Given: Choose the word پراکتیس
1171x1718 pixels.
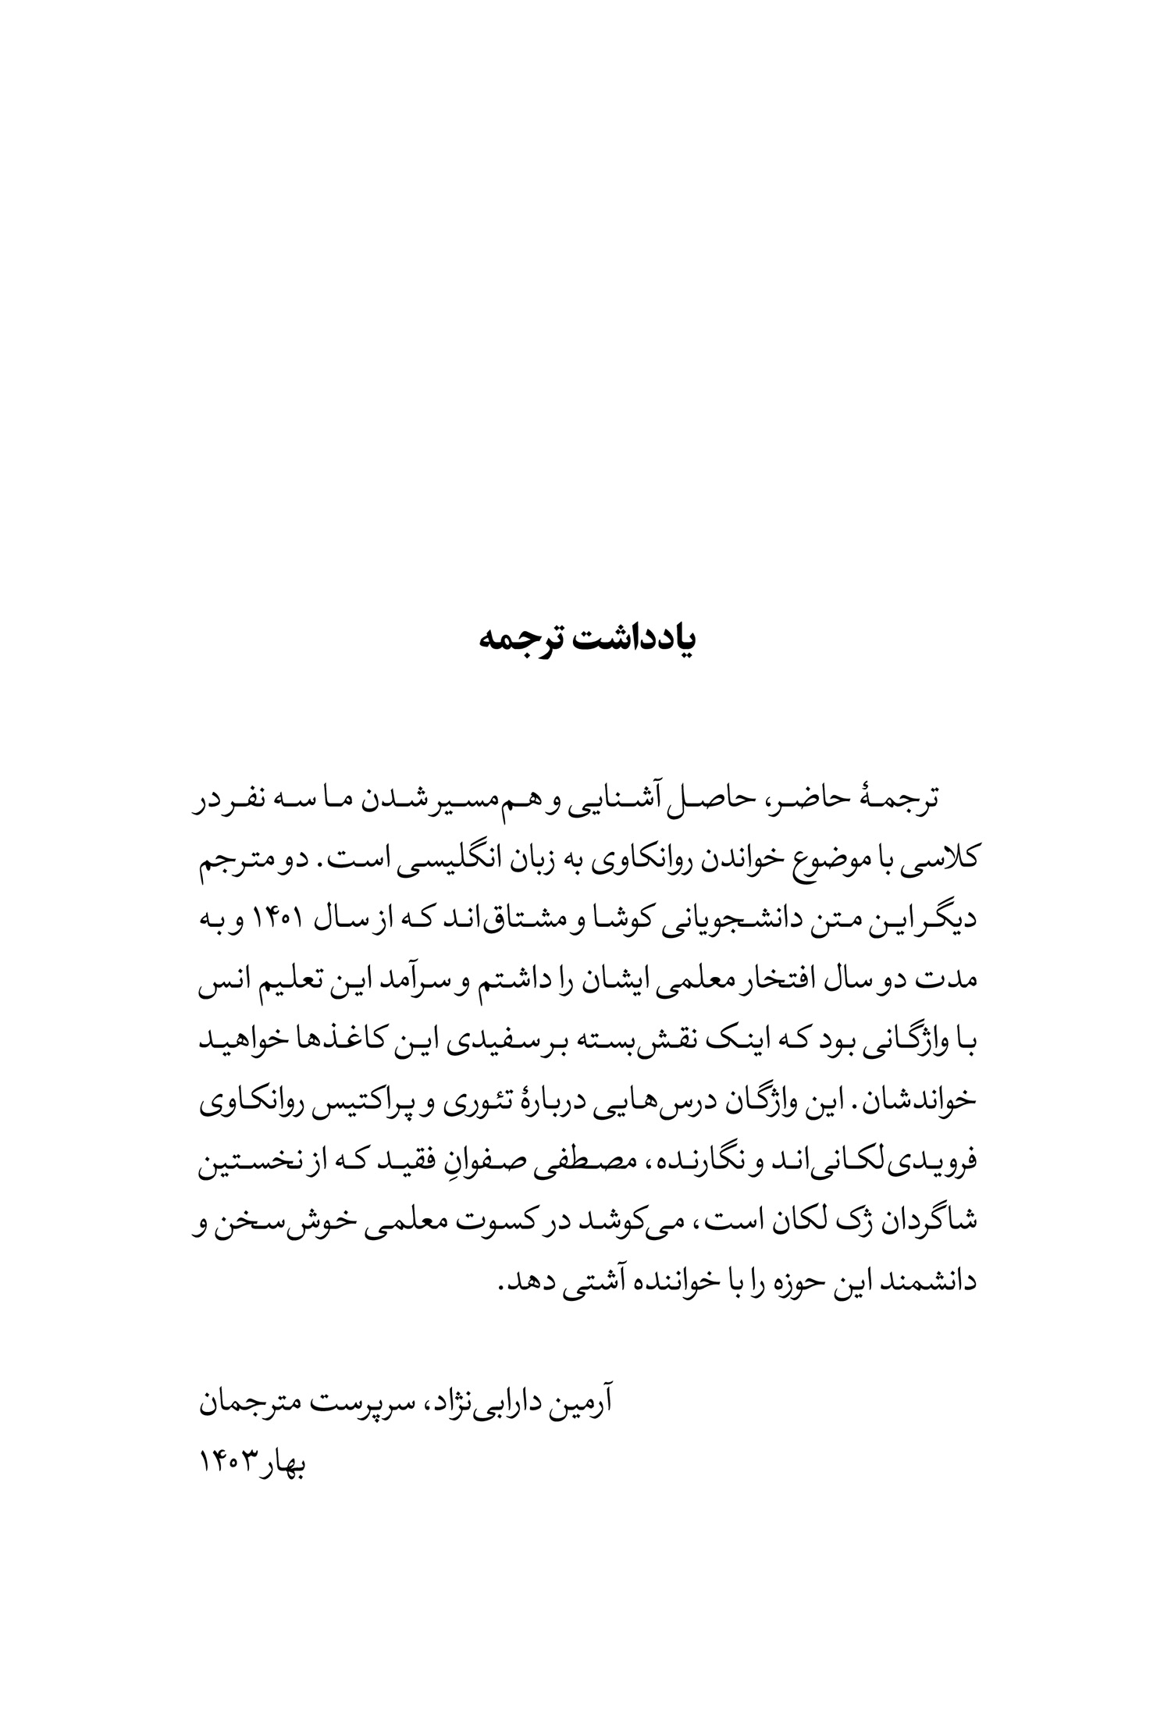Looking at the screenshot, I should [x=398, y=1106].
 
